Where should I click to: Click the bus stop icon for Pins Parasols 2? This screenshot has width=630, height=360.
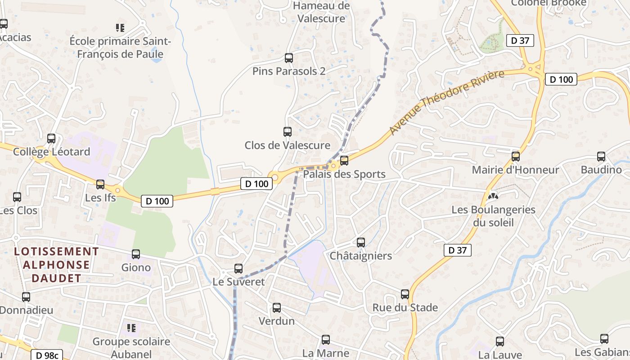point(289,58)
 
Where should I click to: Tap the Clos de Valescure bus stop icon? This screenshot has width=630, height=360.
point(288,132)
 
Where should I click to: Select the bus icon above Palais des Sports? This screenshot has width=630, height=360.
point(344,161)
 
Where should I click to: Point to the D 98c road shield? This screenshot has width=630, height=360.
point(47,355)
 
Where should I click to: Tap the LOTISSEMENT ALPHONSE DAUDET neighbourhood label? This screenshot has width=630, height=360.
point(56,265)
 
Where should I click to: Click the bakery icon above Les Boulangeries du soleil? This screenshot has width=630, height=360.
point(493,196)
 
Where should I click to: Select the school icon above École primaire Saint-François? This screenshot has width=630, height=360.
point(120,28)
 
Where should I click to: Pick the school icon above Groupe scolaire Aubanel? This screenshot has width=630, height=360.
point(131,328)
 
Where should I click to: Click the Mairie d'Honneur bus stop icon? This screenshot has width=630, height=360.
point(516,157)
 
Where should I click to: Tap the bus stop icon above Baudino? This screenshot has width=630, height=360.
point(601,157)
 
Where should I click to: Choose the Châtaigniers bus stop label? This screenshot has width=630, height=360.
point(361,256)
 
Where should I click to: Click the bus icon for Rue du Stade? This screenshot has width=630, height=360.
point(405,294)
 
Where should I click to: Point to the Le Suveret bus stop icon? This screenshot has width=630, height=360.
point(238,269)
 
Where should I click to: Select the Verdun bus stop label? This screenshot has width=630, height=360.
point(276,321)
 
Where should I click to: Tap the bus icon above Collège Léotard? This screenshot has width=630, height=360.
point(51,139)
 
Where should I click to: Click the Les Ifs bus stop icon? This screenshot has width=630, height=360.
point(100,184)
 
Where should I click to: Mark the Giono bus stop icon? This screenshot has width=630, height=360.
point(136,254)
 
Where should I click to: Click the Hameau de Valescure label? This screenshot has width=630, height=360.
point(321,12)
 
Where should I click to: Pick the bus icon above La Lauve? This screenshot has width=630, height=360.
point(500,342)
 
